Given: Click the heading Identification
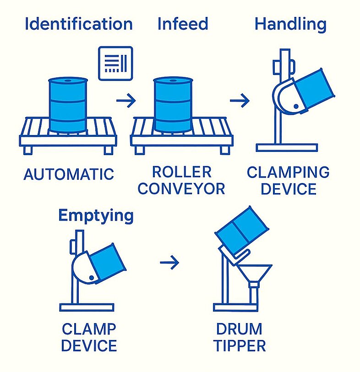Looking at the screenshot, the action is tap(79, 24).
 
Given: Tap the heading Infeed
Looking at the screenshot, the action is tap(183, 24).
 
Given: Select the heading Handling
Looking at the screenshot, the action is tap(290, 25).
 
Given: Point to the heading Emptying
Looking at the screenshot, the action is tap(96, 216).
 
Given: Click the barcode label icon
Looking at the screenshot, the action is tap(115, 63).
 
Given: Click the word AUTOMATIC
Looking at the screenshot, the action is tap(69, 174).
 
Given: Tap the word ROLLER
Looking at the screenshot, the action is tap(182, 172).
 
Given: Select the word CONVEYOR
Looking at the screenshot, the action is tap(181, 189).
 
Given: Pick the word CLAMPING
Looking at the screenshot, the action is tap(288, 172).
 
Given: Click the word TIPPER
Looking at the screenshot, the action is tap(240, 345).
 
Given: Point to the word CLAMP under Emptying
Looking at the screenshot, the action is tap(89, 329).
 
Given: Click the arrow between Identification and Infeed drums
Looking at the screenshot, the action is tap(126, 101).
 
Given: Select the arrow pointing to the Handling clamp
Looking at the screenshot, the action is tap(240, 101).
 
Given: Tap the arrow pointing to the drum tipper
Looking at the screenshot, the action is tap(169, 263).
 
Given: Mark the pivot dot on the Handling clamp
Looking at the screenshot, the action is tap(296, 107).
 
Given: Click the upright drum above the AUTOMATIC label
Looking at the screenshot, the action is tap(68, 105).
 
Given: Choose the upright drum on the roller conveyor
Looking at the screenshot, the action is tap(173, 105).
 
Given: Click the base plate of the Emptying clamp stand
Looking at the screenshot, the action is tap(87, 307).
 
